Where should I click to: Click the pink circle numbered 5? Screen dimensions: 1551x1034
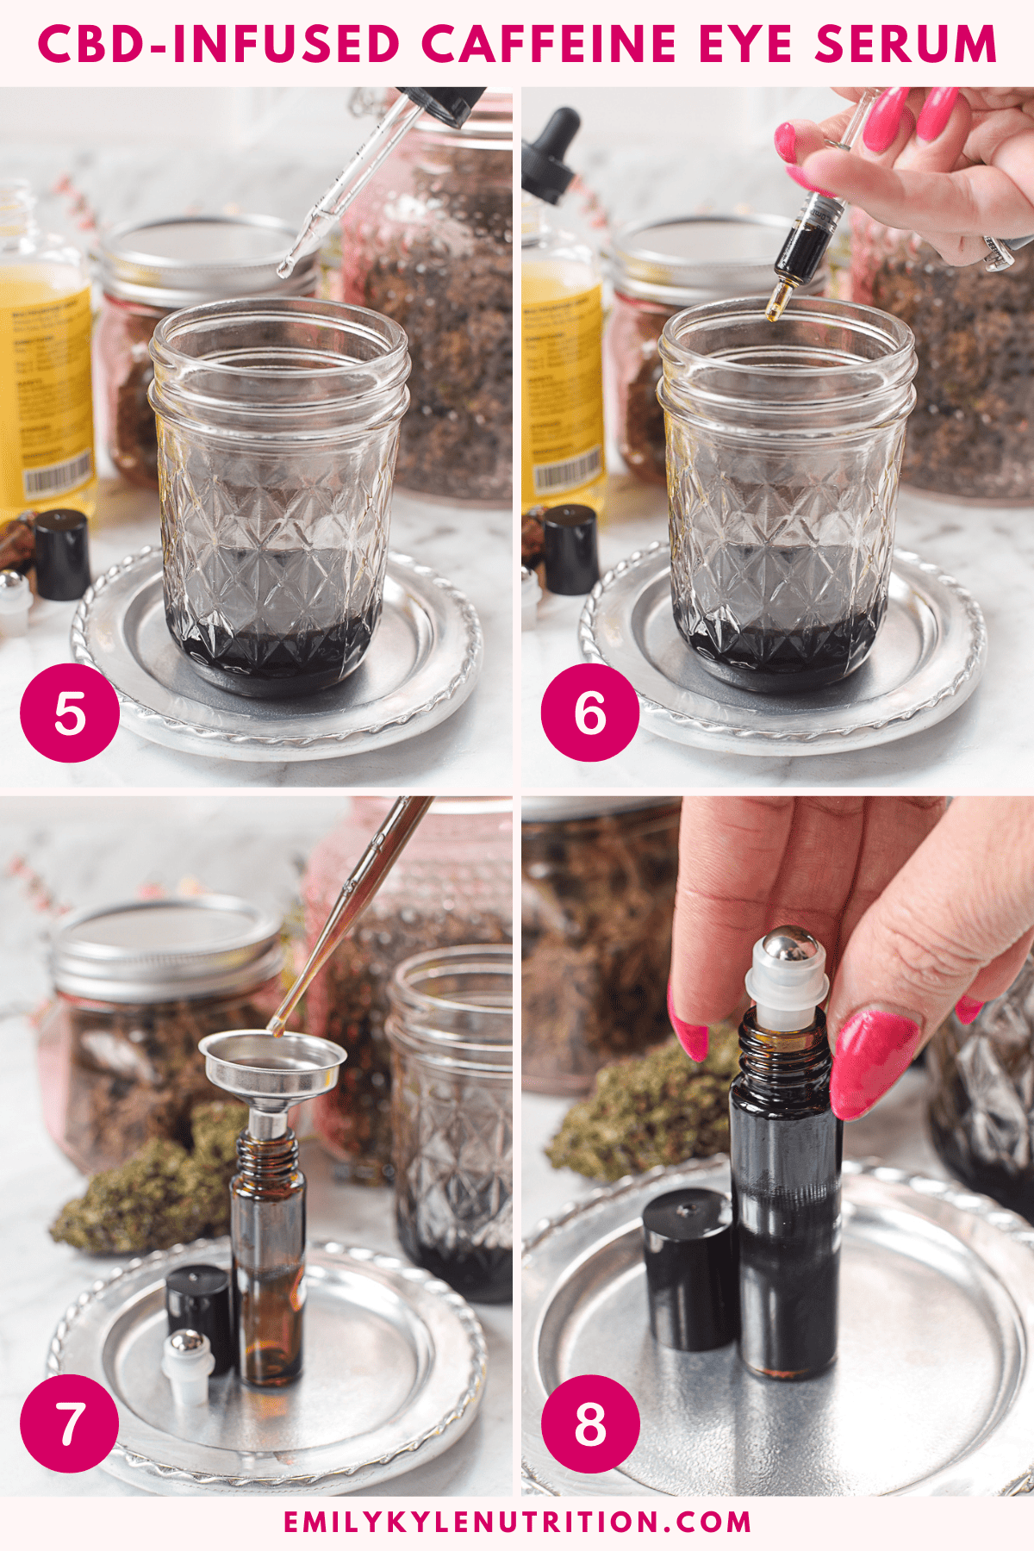click(70, 713)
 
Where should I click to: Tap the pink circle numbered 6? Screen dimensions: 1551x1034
click(590, 713)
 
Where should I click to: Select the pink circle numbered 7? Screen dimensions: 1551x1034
click(70, 1423)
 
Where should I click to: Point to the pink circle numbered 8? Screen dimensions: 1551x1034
click(590, 1423)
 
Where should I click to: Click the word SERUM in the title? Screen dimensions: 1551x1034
click(905, 44)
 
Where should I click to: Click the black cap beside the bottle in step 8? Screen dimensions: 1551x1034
click(689, 1267)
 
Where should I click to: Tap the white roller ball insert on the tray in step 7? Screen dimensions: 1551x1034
click(187, 1361)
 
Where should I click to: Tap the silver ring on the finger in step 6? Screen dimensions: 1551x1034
click(999, 252)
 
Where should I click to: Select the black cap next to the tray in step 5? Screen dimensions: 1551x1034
click(62, 554)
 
